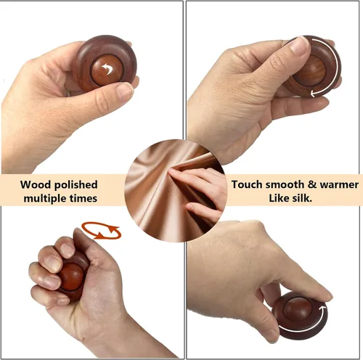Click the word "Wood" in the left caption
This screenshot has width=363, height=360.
point(36,184)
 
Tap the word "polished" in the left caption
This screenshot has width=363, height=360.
point(76,185)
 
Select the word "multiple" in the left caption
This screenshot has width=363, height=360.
point(45,199)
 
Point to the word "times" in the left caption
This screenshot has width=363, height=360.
point(83,199)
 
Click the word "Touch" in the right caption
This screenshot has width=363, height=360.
point(247,184)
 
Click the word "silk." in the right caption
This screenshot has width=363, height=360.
point(302,198)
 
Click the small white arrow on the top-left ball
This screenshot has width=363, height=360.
point(107,68)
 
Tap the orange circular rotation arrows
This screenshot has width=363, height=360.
point(101,231)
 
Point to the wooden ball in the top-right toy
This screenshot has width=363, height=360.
point(311,70)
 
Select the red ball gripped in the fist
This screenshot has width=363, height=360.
point(72,277)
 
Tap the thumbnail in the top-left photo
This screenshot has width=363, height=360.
point(125,91)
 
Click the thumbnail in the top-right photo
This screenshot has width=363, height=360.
point(299,45)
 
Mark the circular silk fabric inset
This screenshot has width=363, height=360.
point(176,190)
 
